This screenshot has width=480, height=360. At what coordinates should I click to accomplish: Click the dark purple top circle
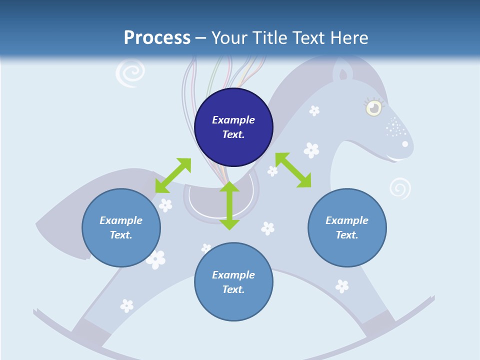click(x=233, y=127)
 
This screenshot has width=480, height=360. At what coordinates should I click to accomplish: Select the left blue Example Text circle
click(x=121, y=227)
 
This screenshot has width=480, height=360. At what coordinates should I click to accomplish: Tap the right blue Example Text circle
click(x=347, y=227)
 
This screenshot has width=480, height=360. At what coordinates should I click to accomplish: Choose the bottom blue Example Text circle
click(x=233, y=282)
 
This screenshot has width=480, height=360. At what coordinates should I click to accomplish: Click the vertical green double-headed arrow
click(x=229, y=205)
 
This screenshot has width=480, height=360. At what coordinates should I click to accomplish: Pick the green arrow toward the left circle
click(x=173, y=175)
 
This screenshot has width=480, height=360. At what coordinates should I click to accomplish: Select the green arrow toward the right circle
click(x=293, y=170)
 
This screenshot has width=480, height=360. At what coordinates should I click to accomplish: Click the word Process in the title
click(x=157, y=37)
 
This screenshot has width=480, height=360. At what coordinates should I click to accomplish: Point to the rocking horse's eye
click(x=373, y=107)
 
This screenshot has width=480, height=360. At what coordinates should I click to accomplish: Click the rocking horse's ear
click(x=343, y=74)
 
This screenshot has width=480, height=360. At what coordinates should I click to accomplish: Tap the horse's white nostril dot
click(x=405, y=144)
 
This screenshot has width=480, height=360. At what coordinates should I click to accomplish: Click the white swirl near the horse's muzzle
click(x=400, y=188)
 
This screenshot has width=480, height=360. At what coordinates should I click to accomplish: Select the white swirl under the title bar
click(x=129, y=73)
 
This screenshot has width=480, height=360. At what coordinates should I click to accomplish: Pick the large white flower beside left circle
click(x=156, y=259)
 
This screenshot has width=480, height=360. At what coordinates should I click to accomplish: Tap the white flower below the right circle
click(x=342, y=286)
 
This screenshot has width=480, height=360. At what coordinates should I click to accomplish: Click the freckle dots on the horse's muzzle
click(x=395, y=127)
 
